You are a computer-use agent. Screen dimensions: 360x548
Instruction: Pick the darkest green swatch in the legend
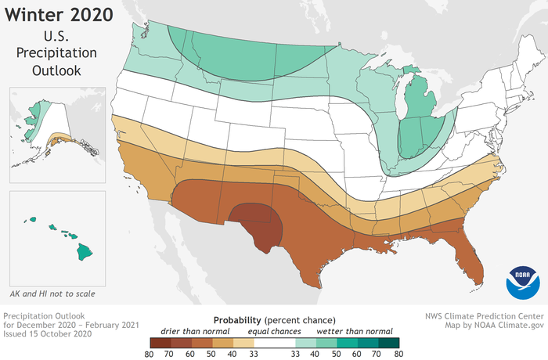coord(389,343)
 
